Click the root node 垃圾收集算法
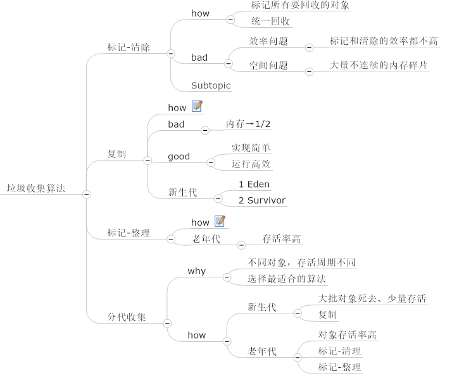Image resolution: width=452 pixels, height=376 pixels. coord(35,188)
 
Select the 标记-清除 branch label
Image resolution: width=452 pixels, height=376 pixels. coord(129,47)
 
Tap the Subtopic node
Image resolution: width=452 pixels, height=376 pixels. coord(211,85)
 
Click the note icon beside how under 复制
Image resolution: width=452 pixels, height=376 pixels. coord(197,107)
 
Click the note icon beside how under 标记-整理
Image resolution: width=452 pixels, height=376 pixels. coord(220,221)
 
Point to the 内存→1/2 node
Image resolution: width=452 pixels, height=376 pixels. coord(248,124)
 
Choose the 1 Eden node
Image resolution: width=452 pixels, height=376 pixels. coord(254,185)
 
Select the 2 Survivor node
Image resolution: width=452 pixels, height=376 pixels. coord(261,200)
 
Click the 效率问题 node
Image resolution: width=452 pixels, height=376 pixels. coord(268,41)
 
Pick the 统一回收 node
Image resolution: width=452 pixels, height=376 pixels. coord(271,21)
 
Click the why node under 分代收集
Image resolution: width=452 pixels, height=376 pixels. coord(196,271)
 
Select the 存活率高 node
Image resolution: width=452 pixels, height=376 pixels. coord(282,239)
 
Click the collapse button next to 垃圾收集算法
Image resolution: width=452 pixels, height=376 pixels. coord(87,194)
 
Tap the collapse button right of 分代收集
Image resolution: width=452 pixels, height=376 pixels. coord(168,323)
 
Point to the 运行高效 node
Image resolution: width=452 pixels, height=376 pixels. coord(251,164)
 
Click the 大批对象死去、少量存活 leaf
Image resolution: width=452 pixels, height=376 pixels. coord(372,298)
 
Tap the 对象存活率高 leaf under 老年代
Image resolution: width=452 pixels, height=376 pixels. coord(348,335)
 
